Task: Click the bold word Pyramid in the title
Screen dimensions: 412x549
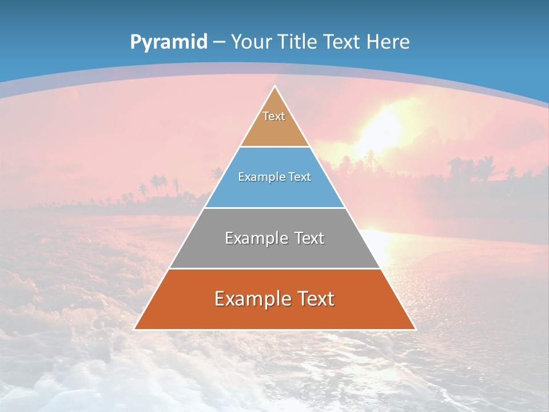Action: pos(169,42)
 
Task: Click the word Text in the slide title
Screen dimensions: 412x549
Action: pos(343,42)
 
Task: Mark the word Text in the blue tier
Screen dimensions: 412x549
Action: pos(299,177)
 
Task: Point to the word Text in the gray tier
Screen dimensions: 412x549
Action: pos(309,238)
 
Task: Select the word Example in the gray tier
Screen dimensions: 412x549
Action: pos(255,238)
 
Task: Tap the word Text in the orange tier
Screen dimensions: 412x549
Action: pos(316,299)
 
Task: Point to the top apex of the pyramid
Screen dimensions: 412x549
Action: pos(274,87)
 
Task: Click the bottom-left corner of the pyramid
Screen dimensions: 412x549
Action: pos(135,328)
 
